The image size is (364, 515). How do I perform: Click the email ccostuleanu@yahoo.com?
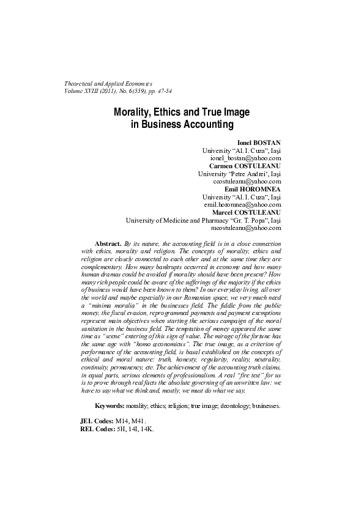pyautogui.click(x=247, y=182)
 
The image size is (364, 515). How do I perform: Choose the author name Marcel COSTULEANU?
pyautogui.click(x=242, y=213)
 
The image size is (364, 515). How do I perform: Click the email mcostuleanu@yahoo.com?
pyautogui.click(x=246, y=228)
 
